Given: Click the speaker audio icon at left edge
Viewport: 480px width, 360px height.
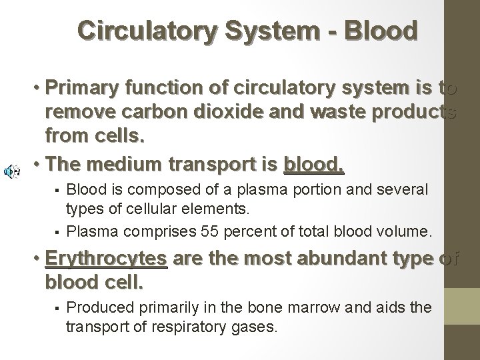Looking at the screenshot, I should pyautogui.click(x=11, y=171).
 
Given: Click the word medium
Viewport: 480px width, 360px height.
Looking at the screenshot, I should pyautogui.click(x=133, y=164).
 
